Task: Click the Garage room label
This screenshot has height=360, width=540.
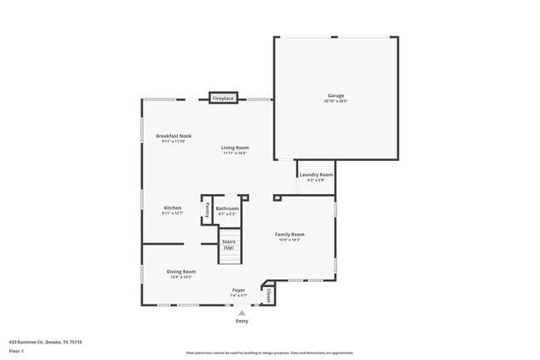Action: click(336, 95)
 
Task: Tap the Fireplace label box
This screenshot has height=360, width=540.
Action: click(223, 99)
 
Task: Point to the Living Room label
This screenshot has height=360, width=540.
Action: click(235, 148)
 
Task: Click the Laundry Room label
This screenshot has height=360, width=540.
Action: click(316, 175)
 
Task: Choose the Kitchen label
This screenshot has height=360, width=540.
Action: click(172, 207)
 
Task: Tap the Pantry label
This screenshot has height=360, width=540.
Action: click(206, 210)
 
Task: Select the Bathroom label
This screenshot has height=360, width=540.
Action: click(227, 208)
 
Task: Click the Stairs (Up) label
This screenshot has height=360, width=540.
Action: click(228, 244)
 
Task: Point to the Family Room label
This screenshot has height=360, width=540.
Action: click(290, 234)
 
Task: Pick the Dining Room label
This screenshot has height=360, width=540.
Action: click(181, 271)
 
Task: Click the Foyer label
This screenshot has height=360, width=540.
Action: click(238, 289)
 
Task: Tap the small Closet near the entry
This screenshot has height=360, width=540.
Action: click(269, 294)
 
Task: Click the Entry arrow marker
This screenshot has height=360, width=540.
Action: click(242, 313)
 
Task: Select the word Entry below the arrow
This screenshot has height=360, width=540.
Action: click(242, 321)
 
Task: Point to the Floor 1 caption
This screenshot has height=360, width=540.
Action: click(17, 351)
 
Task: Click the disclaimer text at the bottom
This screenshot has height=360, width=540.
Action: click(269, 352)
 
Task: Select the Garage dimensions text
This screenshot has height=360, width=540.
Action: click(336, 101)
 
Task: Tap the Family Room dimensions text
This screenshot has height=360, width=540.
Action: click(290, 240)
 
